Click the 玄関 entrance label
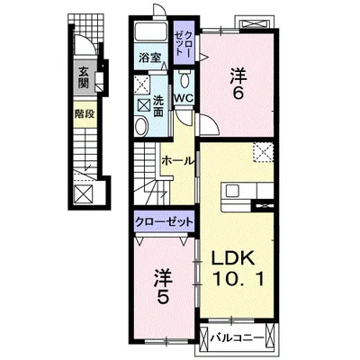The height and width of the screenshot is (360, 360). [x=83, y=77]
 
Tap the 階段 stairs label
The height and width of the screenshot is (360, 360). [x=85, y=114]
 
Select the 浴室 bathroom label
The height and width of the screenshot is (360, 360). [x=149, y=58]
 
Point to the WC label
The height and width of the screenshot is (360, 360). [x=184, y=98]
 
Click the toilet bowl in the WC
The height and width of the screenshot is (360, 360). [x=184, y=79]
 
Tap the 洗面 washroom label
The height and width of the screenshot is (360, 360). [x=158, y=106]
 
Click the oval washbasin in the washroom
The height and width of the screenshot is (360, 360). [x=141, y=126]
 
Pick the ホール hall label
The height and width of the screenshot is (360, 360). [x=177, y=161]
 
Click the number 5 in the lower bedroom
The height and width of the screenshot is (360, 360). [x=163, y=297]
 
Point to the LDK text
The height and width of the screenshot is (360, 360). [x=233, y=257]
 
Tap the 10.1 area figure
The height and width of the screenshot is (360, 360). [x=238, y=279]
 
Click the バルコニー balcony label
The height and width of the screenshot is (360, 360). [x=237, y=338]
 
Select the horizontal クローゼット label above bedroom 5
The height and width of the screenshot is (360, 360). [x=164, y=222]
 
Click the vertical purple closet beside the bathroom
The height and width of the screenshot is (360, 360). [x=184, y=42]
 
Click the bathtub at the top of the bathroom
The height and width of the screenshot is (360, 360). [x=151, y=31]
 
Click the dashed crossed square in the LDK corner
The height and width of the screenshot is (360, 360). [x=264, y=153]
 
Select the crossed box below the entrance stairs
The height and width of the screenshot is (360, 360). [x=84, y=194]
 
